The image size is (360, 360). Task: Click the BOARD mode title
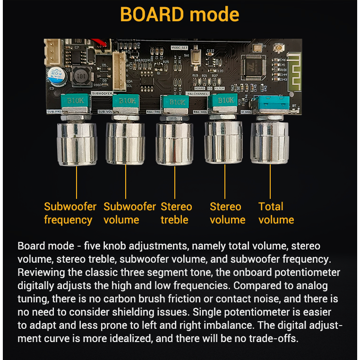pyautogui.click(x=180, y=15)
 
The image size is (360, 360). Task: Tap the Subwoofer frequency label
pyautogui.click(x=69, y=213)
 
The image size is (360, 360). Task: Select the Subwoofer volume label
pyautogui.click(x=129, y=213)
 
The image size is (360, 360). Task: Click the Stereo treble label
pyautogui.click(x=176, y=213)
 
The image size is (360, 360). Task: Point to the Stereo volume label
pyautogui.click(x=227, y=213)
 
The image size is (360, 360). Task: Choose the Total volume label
pyautogui.click(x=276, y=213)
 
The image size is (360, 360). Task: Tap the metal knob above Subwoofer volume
pyautogui.click(x=125, y=143)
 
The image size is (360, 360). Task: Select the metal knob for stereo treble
pyautogui.click(x=174, y=143)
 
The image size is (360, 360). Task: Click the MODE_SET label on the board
pyautogui.click(x=179, y=48)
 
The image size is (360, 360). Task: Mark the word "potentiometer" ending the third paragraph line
pyautogui.click(x=306, y=273)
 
